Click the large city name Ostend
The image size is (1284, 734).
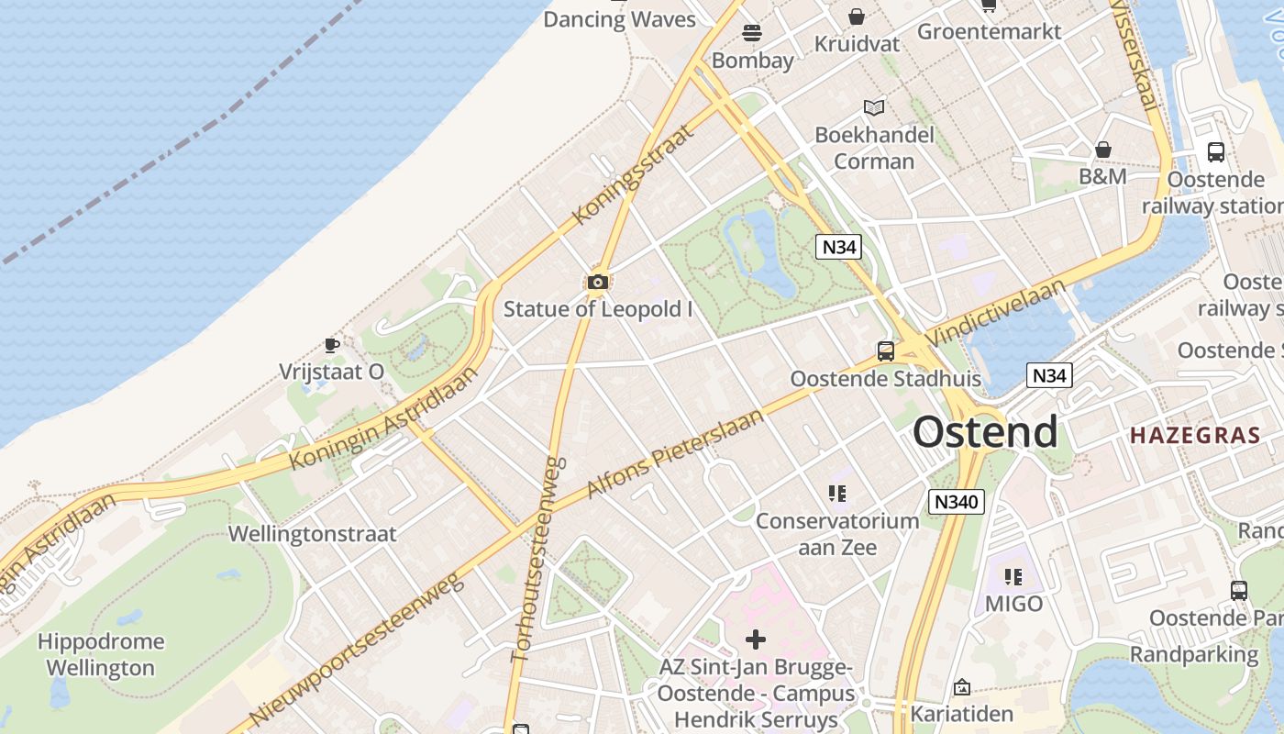985,431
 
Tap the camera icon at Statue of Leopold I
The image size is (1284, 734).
598,282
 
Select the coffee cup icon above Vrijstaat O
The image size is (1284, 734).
332,345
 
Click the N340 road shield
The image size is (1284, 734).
956,502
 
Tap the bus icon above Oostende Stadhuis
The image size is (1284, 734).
885,350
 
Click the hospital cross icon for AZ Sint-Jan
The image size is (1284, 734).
756,639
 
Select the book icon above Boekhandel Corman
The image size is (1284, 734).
874,108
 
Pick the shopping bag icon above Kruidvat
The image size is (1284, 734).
856,17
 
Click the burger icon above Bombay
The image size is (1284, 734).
752,33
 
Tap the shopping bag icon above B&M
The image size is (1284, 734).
1102,149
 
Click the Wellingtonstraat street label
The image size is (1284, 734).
313,534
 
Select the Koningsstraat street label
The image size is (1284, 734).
633,174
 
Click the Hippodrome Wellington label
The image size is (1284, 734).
101,654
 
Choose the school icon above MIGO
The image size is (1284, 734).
1013,576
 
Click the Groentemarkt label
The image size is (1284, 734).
989,31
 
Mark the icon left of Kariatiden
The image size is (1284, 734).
962,686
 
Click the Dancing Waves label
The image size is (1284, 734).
619,19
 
